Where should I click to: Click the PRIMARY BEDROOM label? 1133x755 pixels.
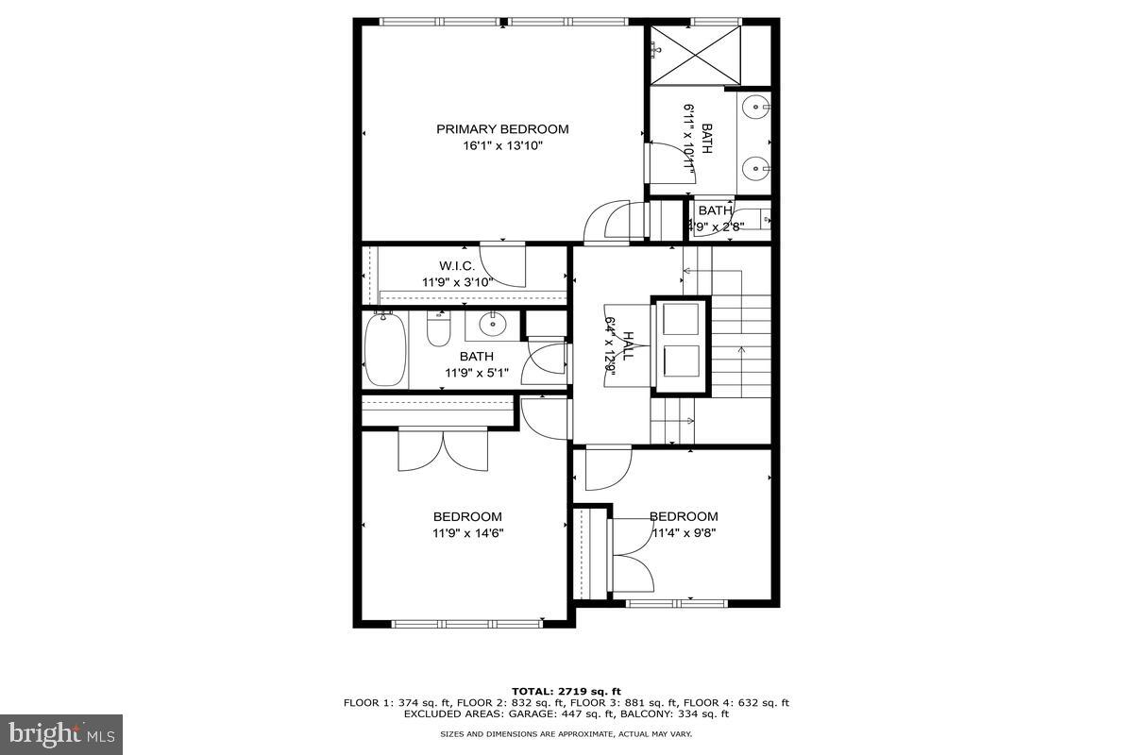(x=502, y=129)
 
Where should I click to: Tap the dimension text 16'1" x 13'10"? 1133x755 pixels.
(x=502, y=146)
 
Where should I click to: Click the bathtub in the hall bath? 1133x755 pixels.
(x=384, y=350)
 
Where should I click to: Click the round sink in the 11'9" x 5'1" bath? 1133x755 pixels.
(x=492, y=325)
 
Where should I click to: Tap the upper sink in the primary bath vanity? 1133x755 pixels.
(x=755, y=107)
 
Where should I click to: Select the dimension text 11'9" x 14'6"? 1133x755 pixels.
(x=467, y=533)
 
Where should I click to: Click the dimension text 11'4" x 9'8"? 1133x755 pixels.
(x=683, y=533)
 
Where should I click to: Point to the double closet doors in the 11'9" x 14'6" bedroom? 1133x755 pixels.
(x=443, y=450)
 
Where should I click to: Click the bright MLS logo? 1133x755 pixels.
(x=61, y=733)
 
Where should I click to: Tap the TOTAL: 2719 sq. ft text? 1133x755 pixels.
(x=566, y=692)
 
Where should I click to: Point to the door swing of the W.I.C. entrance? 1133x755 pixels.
(x=502, y=264)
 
